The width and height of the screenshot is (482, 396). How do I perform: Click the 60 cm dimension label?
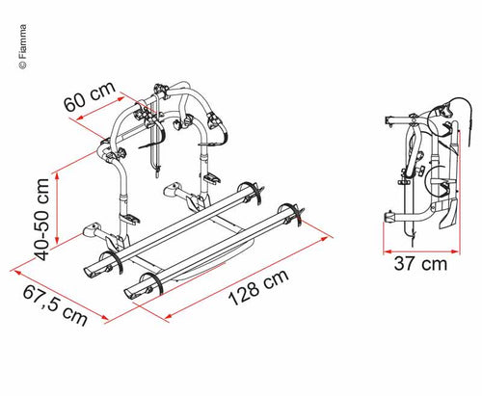click(x=90, y=96)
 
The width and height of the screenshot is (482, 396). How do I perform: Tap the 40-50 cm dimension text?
click(x=42, y=220)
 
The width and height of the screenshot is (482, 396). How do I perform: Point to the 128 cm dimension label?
click(x=258, y=287)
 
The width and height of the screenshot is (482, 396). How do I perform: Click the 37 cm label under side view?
click(x=420, y=264)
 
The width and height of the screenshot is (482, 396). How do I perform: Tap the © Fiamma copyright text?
click(x=22, y=46)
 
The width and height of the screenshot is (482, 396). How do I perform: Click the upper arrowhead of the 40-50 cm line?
click(x=57, y=176)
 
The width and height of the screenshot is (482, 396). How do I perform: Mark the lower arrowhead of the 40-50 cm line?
click(x=57, y=240)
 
